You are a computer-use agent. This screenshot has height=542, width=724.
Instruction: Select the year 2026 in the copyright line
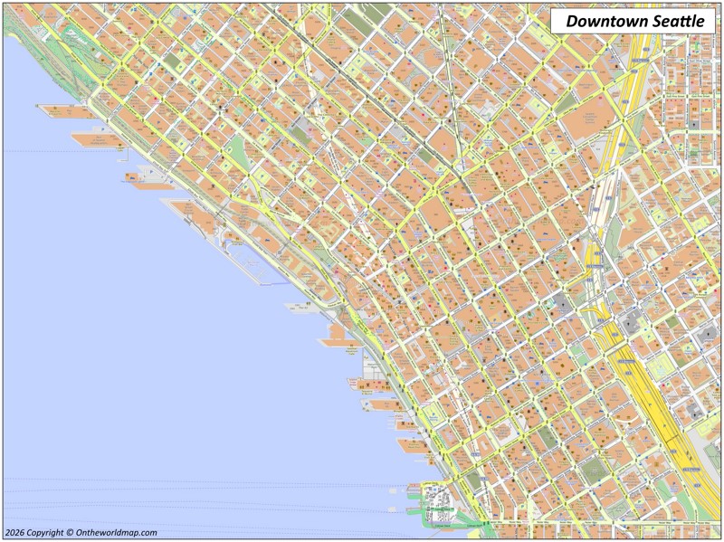click(14, 533)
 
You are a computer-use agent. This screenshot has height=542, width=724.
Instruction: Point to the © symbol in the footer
click(74, 533)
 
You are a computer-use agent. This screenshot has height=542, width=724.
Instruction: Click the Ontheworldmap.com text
click(119, 533)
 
